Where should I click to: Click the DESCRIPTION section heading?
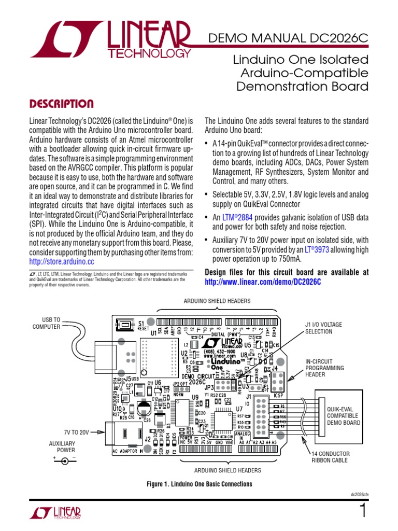pyautogui.click(x=61, y=104)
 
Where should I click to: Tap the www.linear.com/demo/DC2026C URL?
pyautogui.click(x=263, y=282)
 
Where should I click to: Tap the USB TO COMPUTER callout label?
pyautogui.click(x=47, y=323)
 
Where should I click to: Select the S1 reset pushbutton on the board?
pyautogui.click(x=124, y=325)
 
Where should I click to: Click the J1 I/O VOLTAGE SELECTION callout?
pyautogui.click(x=323, y=328)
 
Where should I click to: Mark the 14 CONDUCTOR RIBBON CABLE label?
pyautogui.click(x=330, y=456)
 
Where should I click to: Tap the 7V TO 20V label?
pyautogui.click(x=77, y=432)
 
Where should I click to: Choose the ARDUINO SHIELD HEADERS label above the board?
pyautogui.click(x=217, y=301)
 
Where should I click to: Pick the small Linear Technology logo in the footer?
pyautogui.click(x=55, y=513)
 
